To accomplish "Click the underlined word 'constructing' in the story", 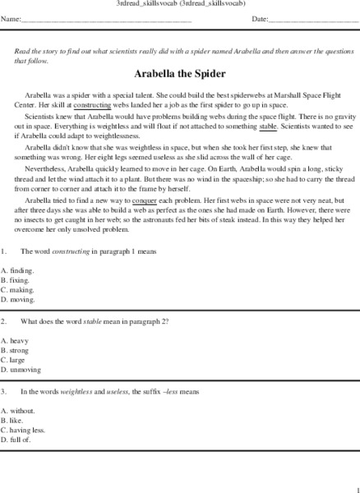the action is [x=92, y=105].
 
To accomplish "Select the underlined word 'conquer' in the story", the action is [x=143, y=200].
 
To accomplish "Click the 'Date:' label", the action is [x=261, y=19].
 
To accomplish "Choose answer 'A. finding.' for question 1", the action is [x=17, y=270].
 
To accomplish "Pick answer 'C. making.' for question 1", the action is [x=17, y=289].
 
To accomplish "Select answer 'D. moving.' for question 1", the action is [x=17, y=299].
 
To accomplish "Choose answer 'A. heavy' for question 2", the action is [x=16, y=340].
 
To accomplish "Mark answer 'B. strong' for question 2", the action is [x=16, y=350].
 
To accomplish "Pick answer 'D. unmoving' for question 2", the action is [x=20, y=370].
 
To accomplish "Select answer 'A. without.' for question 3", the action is [x=18, y=410].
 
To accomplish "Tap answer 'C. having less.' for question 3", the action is [x=23, y=430].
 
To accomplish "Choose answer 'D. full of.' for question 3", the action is [x=17, y=440].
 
